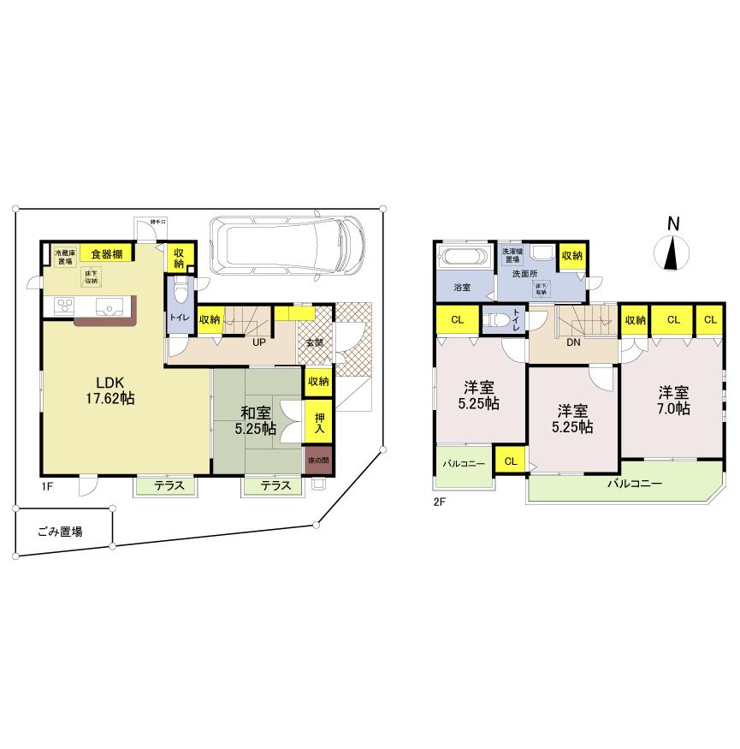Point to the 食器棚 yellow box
pyautogui.click(x=107, y=253)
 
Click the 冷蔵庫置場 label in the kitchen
pyautogui.click(x=65, y=257)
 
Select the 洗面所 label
pyautogui.click(x=526, y=275)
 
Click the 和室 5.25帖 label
pyautogui.click(x=255, y=419)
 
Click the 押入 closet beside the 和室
pyautogui.click(x=317, y=422)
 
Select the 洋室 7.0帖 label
pyautogui.click(x=673, y=401)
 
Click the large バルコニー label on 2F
pyautogui.click(x=635, y=484)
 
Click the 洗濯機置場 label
pyautogui.click(x=512, y=254)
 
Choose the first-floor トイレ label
pyautogui.click(x=179, y=317)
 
